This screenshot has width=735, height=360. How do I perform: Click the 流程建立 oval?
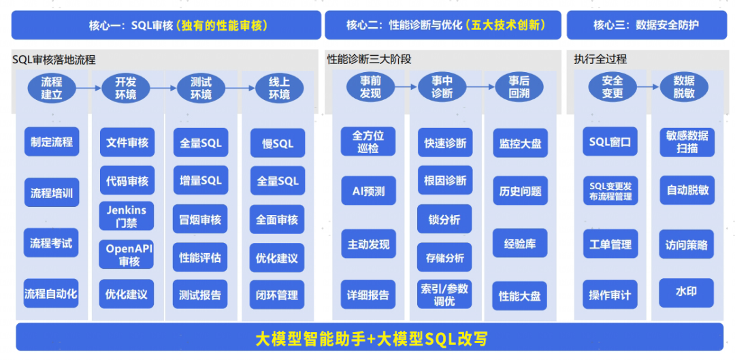tap(52, 88)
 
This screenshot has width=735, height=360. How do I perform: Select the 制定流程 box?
tap(52, 143)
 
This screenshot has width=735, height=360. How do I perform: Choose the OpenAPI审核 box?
tap(129, 255)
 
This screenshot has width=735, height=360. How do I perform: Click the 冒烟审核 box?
tap(200, 220)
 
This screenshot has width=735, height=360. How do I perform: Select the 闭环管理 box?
tap(277, 295)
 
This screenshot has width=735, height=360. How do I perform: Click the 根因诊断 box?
tap(445, 180)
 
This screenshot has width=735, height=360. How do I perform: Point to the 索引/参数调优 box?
tap(445, 295)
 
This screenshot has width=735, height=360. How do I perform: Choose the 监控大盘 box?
tap(520, 144)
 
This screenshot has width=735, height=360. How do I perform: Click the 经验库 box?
tap(520, 243)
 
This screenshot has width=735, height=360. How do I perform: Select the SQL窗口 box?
tap(610, 143)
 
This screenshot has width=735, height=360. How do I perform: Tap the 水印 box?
tap(686, 292)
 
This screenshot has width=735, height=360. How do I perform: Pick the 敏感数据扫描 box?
tap(687, 142)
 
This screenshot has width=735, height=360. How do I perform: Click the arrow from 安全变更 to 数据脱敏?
tap(647, 86)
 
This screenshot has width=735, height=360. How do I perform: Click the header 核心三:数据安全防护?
tap(646, 25)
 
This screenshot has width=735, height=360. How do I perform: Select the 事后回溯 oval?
tap(519, 87)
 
